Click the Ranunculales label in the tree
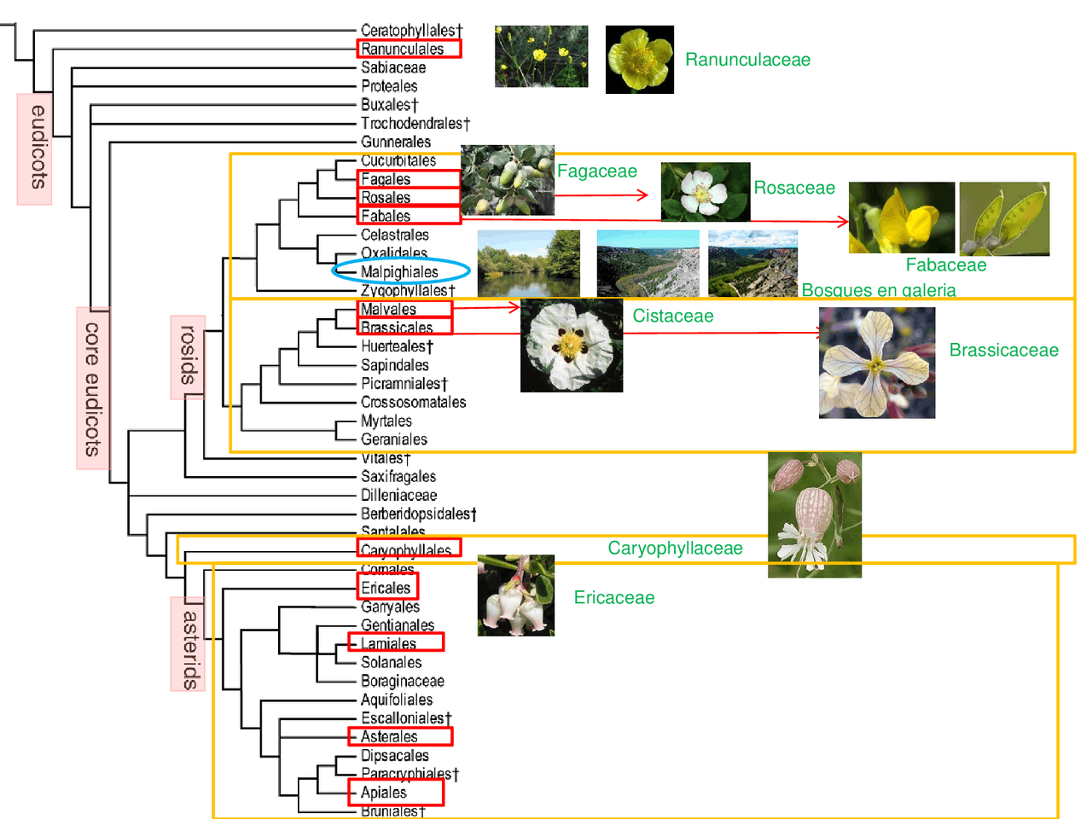click(x=403, y=49)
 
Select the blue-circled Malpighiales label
click(x=399, y=272)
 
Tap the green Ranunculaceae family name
click(x=747, y=60)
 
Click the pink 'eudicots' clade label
click(x=35, y=148)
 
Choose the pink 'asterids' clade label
click(x=189, y=645)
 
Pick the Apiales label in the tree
click(x=384, y=793)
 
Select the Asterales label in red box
click(x=389, y=736)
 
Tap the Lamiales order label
click(x=389, y=643)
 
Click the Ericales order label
click(x=386, y=588)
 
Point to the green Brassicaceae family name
click(x=1003, y=351)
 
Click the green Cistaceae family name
click(x=673, y=317)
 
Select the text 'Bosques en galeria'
click(x=878, y=290)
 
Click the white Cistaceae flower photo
click(x=572, y=346)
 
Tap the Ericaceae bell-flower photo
click(x=516, y=595)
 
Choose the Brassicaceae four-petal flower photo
click(x=877, y=363)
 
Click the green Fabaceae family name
click(x=945, y=265)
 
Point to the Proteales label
click(x=389, y=86)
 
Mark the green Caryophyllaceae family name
click(x=675, y=549)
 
